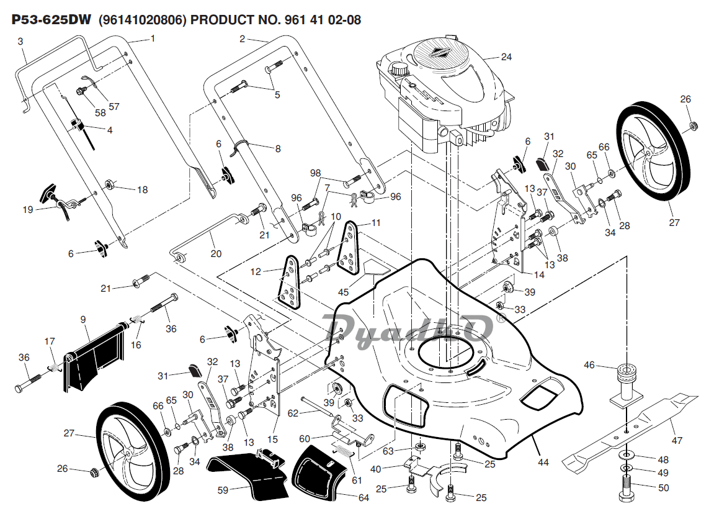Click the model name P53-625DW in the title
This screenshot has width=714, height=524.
click(51, 20)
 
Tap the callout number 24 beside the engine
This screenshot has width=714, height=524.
click(506, 57)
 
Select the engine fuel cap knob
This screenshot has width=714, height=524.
click(399, 70)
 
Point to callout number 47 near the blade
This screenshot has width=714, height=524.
click(677, 441)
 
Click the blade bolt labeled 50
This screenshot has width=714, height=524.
click(627, 488)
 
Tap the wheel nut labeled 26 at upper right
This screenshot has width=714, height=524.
click(692, 126)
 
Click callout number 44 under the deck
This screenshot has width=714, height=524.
click(543, 462)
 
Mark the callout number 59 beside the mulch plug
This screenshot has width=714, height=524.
click(223, 490)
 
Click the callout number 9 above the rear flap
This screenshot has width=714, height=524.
click(83, 319)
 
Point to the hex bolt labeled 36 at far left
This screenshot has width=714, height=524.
click(29, 382)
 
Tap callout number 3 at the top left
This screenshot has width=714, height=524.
click(20, 42)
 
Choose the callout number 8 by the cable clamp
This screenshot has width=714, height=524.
click(278, 148)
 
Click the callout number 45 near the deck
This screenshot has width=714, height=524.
click(343, 292)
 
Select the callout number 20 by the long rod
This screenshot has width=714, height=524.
click(216, 254)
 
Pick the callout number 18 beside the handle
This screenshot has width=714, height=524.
click(143, 189)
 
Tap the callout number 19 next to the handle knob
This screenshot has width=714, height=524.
click(28, 210)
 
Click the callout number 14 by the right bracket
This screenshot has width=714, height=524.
click(539, 275)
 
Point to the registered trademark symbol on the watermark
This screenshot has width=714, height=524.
click(500, 318)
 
